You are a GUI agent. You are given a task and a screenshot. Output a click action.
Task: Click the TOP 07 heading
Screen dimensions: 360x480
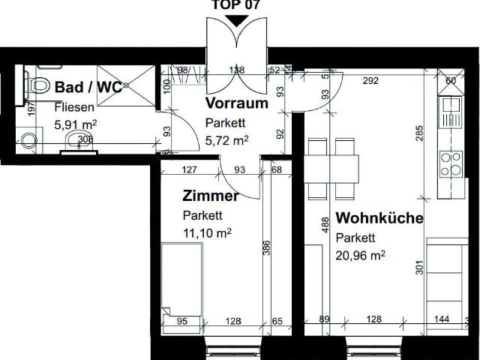click(x=237, y=4)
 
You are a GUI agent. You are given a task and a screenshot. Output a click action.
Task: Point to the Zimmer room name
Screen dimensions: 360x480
click(x=211, y=196)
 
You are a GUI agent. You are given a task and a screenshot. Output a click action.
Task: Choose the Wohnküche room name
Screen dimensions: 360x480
click(x=379, y=219)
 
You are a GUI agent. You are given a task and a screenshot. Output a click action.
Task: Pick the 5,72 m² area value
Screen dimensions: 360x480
click(x=226, y=139)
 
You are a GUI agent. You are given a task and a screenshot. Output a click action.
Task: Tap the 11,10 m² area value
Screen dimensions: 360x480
click(x=207, y=233)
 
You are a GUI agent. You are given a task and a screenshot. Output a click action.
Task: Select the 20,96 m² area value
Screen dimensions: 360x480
click(x=361, y=256)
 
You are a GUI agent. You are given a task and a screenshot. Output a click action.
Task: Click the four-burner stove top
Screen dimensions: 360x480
click(x=451, y=163)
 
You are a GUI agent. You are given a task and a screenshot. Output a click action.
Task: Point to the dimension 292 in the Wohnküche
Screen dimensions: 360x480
click(x=369, y=80)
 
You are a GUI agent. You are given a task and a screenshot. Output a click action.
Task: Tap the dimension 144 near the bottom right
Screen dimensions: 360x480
click(x=442, y=319)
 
